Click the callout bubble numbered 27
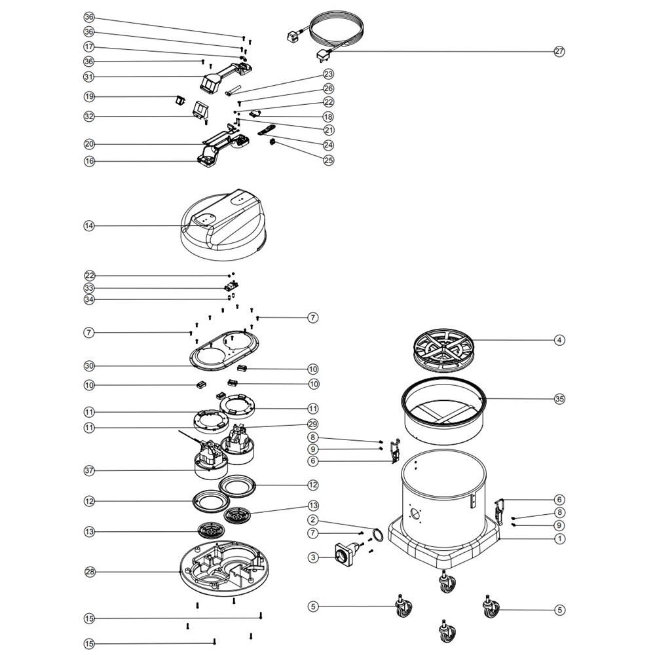point(559,51)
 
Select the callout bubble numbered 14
point(89,226)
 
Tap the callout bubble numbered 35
point(559,399)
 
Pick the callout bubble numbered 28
point(90,572)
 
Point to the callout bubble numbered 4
point(559,340)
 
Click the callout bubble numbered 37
point(89,471)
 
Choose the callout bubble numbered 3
point(313,557)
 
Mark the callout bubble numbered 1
point(560,539)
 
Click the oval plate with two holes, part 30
point(224,350)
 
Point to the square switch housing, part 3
point(345,554)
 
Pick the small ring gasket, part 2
point(377,534)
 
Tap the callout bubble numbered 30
point(89,366)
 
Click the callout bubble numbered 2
point(313,520)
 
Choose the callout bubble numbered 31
point(89,77)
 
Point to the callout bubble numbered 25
point(329,160)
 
